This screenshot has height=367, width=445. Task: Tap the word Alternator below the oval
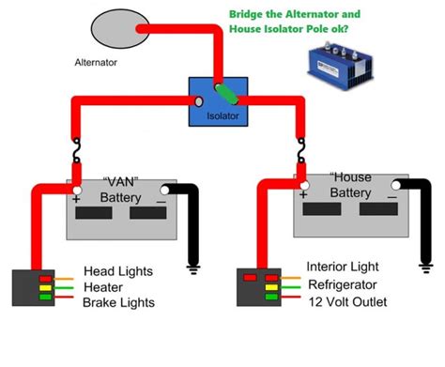(100, 64)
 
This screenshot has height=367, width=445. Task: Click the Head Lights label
(117, 271)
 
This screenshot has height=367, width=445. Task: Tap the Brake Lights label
(118, 302)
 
